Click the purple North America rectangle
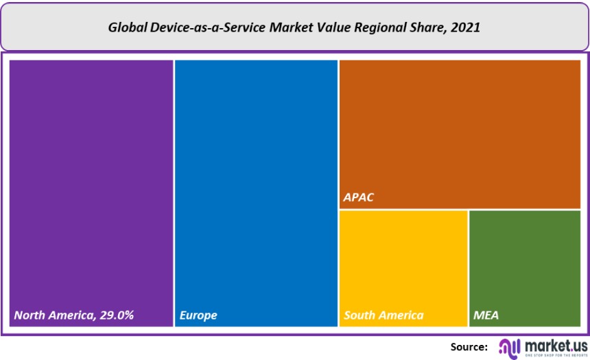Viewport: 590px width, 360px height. click(x=91, y=185)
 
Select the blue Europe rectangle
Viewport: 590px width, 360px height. click(x=256, y=185)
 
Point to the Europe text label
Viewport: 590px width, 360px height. click(x=198, y=315)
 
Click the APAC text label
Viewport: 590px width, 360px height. click(x=359, y=198)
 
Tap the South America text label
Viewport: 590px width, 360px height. click(x=383, y=315)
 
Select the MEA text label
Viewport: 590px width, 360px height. click(x=486, y=315)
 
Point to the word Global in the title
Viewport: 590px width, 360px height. click(x=128, y=28)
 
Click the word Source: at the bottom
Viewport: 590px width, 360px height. click(x=469, y=347)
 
